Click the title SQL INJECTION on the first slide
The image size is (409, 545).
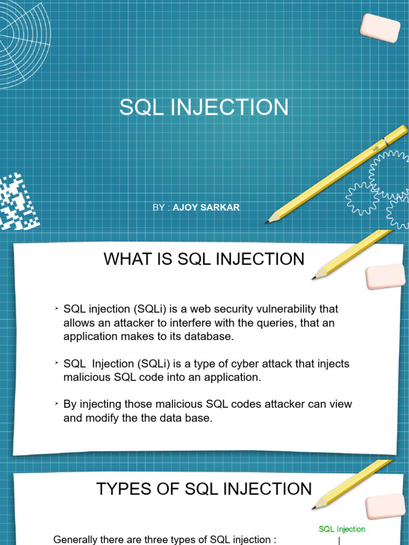204,108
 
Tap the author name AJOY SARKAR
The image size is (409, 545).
206,207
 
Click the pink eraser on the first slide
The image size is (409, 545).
380,28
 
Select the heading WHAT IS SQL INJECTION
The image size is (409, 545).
204,259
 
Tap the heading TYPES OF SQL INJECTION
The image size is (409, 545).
204,489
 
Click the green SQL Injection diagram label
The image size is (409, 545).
342,529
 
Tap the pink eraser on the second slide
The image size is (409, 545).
386,276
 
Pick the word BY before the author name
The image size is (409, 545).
159,207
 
